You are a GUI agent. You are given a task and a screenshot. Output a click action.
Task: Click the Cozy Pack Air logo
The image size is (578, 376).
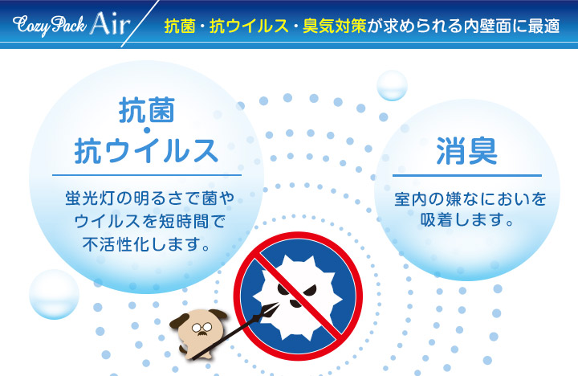(71, 24)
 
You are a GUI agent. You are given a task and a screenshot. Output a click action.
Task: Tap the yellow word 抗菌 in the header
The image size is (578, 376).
(180, 26)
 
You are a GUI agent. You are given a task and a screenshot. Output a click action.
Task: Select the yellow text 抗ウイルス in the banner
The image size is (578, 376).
(249, 26)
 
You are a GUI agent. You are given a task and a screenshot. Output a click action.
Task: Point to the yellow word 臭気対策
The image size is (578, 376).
(334, 26)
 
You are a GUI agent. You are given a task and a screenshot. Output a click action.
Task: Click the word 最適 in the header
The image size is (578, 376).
(544, 26)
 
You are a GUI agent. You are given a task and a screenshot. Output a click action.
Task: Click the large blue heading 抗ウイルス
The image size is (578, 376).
(146, 150)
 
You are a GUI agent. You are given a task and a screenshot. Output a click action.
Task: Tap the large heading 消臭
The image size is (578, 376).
(467, 151)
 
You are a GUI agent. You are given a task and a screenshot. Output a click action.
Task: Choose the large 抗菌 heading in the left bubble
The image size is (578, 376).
(146, 109)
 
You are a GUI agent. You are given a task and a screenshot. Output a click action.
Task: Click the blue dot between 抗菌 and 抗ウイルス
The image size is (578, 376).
(147, 130)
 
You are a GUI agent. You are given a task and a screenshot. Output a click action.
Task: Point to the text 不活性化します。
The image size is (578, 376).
(147, 244)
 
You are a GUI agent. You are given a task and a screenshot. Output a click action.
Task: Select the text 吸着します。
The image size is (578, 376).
(467, 220)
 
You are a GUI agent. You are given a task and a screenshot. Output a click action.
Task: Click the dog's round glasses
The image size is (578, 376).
(202, 327)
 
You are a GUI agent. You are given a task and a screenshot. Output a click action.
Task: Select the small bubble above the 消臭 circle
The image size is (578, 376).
(392, 86)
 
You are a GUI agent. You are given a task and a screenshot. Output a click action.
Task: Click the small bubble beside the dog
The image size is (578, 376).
(55, 294)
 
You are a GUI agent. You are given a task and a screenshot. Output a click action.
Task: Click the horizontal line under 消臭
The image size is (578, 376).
(467, 175)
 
